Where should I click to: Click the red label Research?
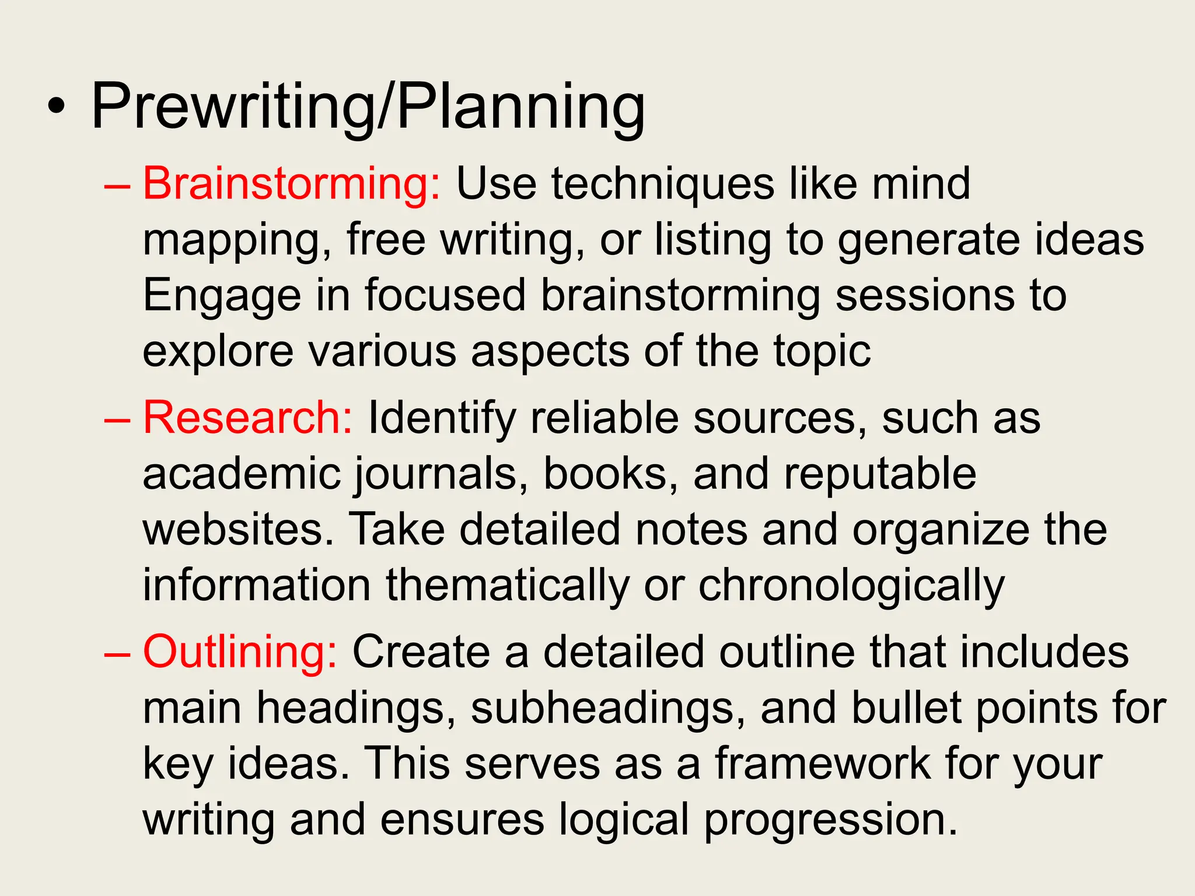coord(248,418)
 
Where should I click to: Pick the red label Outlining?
coord(240,652)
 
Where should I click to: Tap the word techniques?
coord(662,184)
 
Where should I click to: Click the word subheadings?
coord(607,709)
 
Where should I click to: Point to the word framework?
coord(823,764)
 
